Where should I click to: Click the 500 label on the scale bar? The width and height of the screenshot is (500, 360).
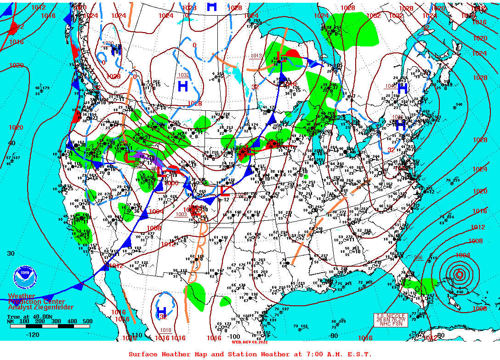point(87,321)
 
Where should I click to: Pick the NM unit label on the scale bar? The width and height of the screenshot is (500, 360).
point(11,321)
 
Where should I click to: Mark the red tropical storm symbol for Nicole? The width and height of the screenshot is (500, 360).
point(459,275)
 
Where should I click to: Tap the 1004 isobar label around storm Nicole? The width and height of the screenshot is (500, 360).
point(462,255)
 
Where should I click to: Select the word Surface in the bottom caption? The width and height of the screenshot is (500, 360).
point(142,354)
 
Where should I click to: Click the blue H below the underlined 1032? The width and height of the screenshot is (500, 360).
point(182,86)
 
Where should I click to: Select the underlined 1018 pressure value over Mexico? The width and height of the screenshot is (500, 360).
point(166,330)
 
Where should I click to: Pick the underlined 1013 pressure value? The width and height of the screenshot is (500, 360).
point(256,56)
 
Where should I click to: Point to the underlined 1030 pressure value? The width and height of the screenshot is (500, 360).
point(108,43)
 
